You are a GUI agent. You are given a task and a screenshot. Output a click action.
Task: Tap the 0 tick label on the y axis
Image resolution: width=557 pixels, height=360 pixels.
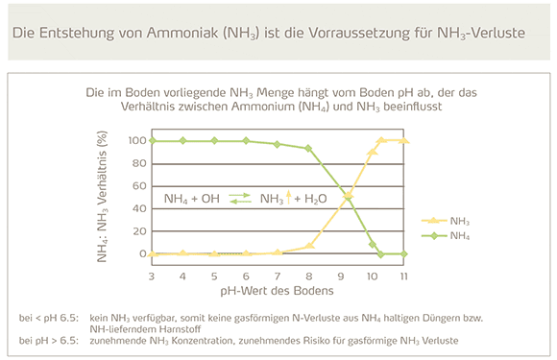tap(140, 254)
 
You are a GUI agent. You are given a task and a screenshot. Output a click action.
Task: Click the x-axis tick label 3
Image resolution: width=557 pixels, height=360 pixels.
tap(152, 276)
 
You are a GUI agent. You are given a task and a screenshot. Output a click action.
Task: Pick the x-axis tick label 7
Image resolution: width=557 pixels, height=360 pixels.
tap(278, 276)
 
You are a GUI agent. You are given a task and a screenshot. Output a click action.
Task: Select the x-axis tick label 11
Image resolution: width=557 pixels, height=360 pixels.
tap(404, 276)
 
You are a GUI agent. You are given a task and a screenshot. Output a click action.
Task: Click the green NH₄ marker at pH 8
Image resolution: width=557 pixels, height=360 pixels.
tap(309, 149)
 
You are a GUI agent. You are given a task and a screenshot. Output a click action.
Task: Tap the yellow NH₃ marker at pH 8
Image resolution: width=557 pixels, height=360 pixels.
tap(309, 247)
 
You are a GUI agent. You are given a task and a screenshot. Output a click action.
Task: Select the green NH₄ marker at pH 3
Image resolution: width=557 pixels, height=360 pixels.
tap(152, 141)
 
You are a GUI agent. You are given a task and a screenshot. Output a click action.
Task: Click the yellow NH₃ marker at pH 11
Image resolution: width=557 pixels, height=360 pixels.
tap(404, 141)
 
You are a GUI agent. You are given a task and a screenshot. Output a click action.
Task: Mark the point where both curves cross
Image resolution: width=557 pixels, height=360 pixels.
tap(348, 198)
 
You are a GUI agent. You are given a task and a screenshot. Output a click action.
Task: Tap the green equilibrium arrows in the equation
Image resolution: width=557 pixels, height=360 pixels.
tap(240, 199)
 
